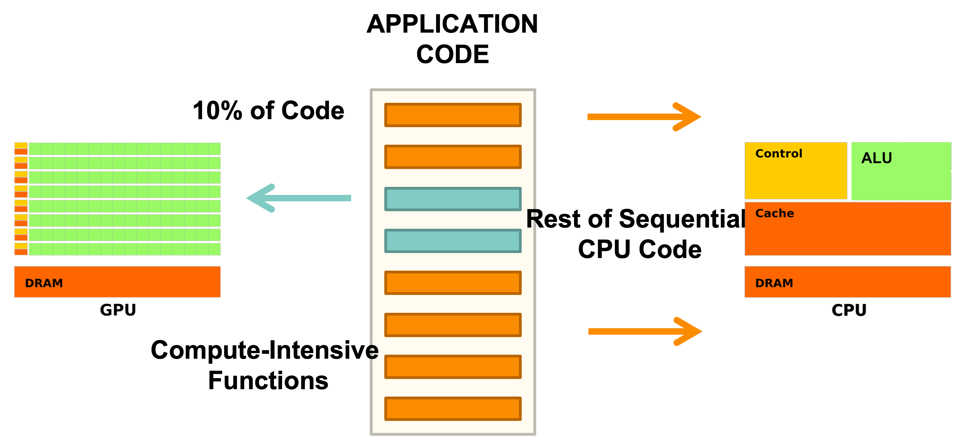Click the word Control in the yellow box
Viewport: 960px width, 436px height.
779,153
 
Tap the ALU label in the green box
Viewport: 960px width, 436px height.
877,158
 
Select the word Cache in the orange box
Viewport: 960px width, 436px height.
775,213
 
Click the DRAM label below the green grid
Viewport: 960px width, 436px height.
44,283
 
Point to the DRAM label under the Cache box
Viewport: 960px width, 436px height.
774,283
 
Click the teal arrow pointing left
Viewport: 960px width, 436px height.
299,198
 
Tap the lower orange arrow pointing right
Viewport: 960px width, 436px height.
645,331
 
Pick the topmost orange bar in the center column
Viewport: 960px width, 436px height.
453,115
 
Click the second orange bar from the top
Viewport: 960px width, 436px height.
453,157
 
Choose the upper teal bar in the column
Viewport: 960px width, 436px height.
453,199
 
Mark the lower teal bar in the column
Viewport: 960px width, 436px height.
453,241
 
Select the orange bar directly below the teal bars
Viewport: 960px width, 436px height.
453,283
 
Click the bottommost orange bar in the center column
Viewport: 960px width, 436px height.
453,409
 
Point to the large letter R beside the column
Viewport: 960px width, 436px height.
531,219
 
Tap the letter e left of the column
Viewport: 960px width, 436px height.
373,351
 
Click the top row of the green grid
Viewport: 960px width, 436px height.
124,149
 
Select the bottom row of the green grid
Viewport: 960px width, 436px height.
124,249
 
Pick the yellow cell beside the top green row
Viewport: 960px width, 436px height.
21,145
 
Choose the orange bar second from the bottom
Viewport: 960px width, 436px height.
453,367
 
